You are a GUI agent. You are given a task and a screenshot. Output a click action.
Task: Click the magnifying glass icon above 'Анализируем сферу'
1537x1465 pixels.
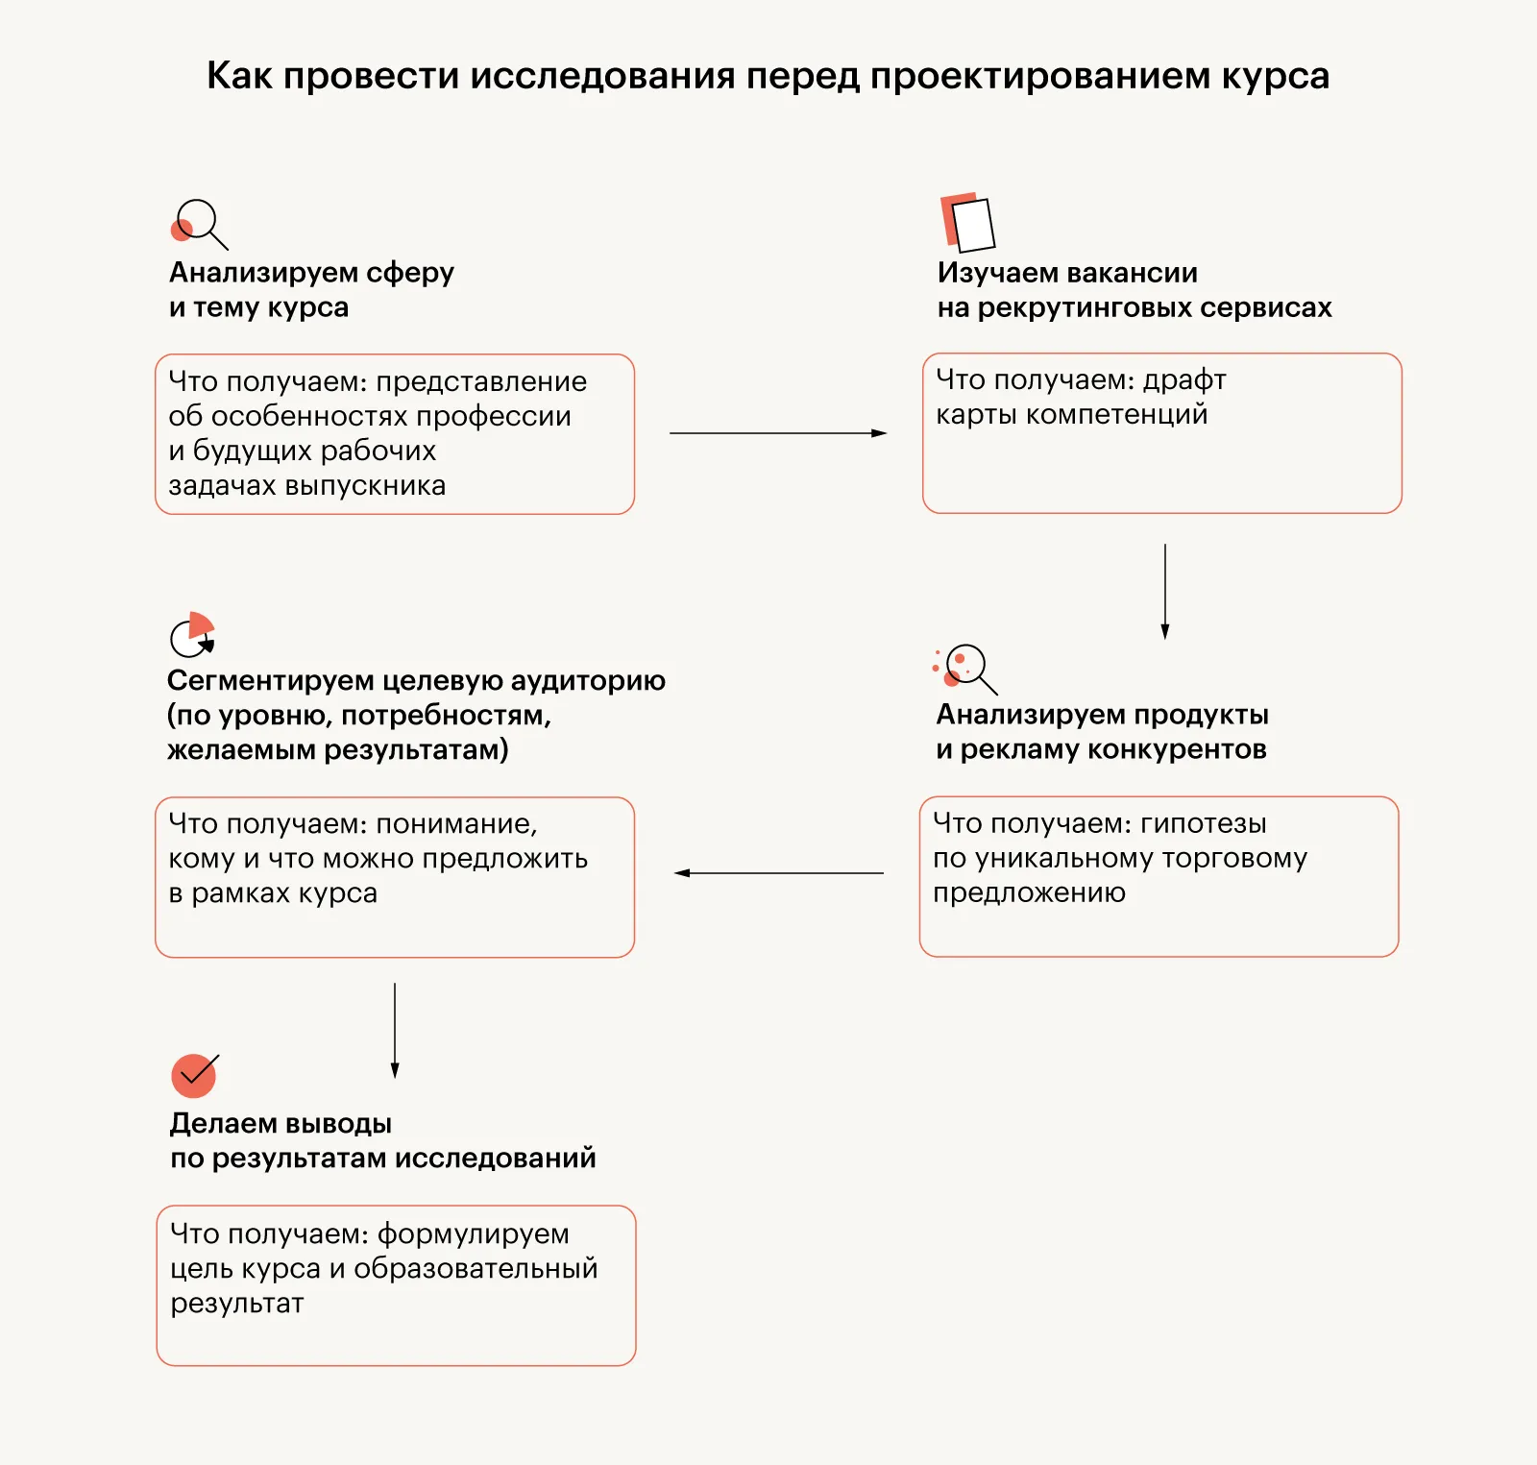[198, 223]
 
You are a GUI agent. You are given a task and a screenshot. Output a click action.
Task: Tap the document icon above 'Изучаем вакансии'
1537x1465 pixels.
[967, 222]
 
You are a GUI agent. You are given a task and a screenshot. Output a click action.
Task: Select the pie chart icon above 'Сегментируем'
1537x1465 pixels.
[193, 634]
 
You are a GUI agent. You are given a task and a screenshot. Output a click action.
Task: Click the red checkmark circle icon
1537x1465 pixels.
[194, 1075]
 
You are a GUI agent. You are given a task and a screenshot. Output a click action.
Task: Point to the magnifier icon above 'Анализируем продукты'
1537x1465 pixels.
[966, 667]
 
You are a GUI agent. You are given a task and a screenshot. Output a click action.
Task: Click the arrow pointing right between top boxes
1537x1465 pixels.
[777, 433]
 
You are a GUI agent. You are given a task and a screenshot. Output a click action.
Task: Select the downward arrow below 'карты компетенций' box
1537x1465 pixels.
[1164, 590]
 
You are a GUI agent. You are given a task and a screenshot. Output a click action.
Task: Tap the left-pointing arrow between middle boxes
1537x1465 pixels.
[777, 873]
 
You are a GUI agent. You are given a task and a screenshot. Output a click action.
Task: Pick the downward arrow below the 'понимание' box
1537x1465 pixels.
[395, 1029]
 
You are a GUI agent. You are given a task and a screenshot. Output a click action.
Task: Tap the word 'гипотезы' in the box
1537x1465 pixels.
[1203, 823]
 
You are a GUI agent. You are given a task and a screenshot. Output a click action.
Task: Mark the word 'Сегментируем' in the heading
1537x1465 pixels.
[270, 680]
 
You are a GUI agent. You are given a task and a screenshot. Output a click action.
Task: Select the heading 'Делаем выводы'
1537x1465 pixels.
[281, 1123]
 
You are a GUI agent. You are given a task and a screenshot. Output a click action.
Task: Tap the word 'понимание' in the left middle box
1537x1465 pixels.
[456, 824]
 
